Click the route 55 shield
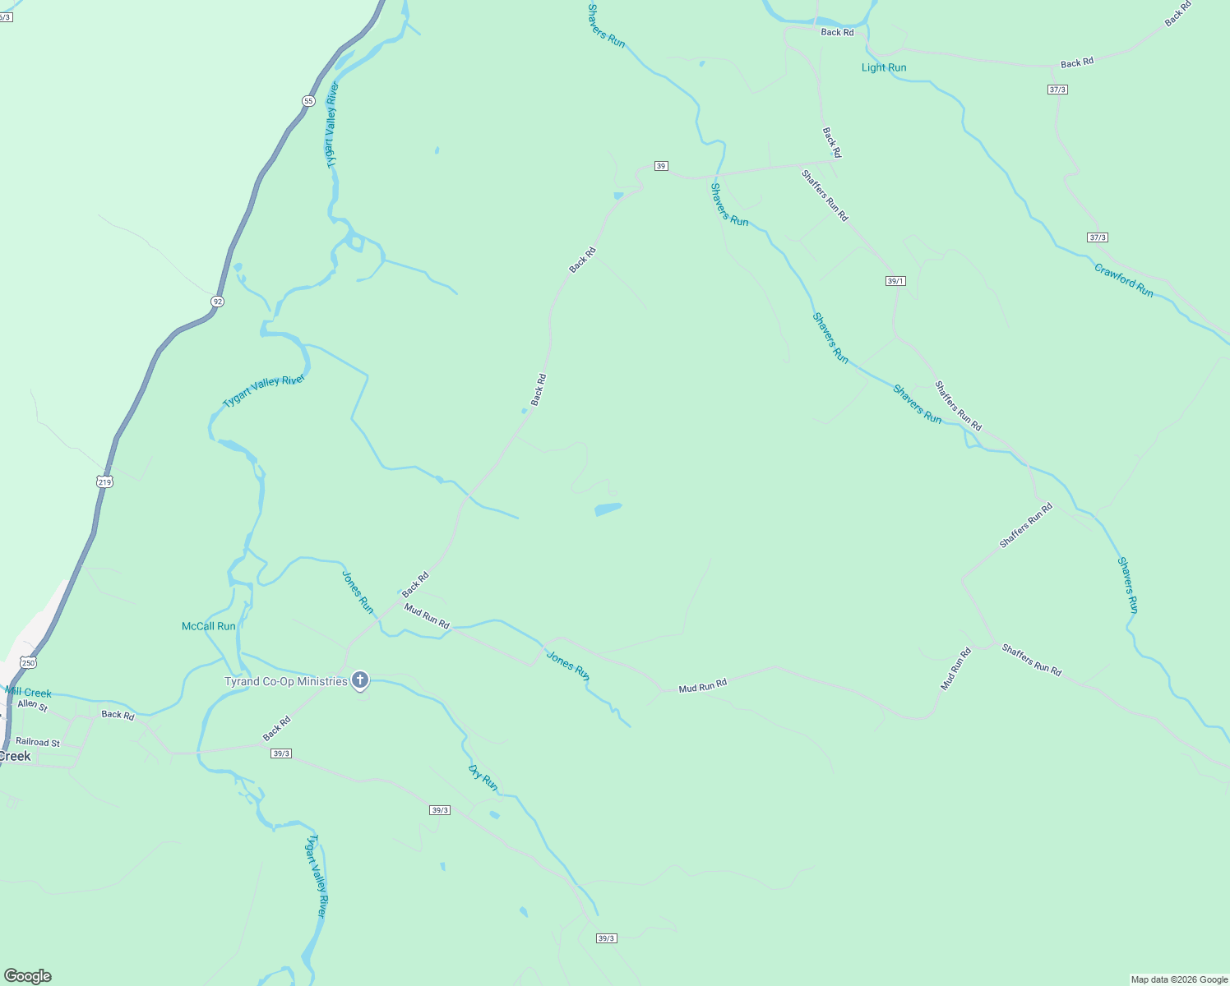(x=308, y=101)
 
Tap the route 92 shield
(x=217, y=302)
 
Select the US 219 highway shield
(x=104, y=481)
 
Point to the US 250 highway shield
(x=29, y=662)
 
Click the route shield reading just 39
(x=661, y=166)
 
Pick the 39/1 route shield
(x=895, y=281)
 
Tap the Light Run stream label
(x=884, y=67)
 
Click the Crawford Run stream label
(x=1123, y=280)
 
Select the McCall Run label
(x=209, y=626)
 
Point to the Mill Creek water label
(x=29, y=693)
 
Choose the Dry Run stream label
(x=483, y=777)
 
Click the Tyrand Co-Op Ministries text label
(x=286, y=681)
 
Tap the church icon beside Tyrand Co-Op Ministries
(x=359, y=680)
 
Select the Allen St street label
(x=33, y=705)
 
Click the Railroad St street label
(x=38, y=742)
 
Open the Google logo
(x=27, y=976)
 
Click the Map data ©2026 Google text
(x=1179, y=979)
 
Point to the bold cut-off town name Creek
(x=15, y=756)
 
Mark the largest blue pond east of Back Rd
(x=608, y=509)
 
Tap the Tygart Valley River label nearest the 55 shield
(x=332, y=125)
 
